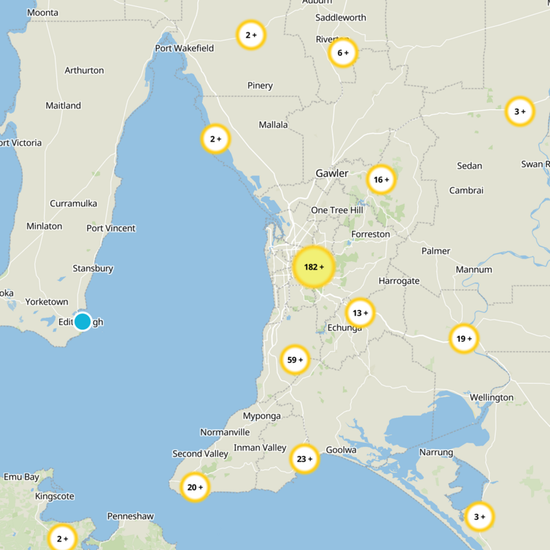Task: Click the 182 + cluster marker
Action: click(313, 267)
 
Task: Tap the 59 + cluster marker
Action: click(295, 360)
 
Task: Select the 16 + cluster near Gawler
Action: click(381, 180)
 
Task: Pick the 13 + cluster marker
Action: click(360, 313)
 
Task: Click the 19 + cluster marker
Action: click(464, 338)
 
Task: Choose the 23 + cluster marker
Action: click(304, 459)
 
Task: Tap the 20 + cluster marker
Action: click(195, 487)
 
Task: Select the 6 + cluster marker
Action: click(342, 52)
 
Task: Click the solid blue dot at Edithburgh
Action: click(82, 321)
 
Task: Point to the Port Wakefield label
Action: click(184, 48)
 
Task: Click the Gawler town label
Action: click(332, 173)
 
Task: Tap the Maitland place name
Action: click(63, 106)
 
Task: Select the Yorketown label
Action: click(47, 302)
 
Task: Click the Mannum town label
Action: click(474, 269)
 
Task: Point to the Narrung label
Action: click(437, 452)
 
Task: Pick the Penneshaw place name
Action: click(131, 516)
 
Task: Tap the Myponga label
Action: click(262, 416)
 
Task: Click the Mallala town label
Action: click(274, 125)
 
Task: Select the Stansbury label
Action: click(93, 269)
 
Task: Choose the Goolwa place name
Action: click(342, 450)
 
